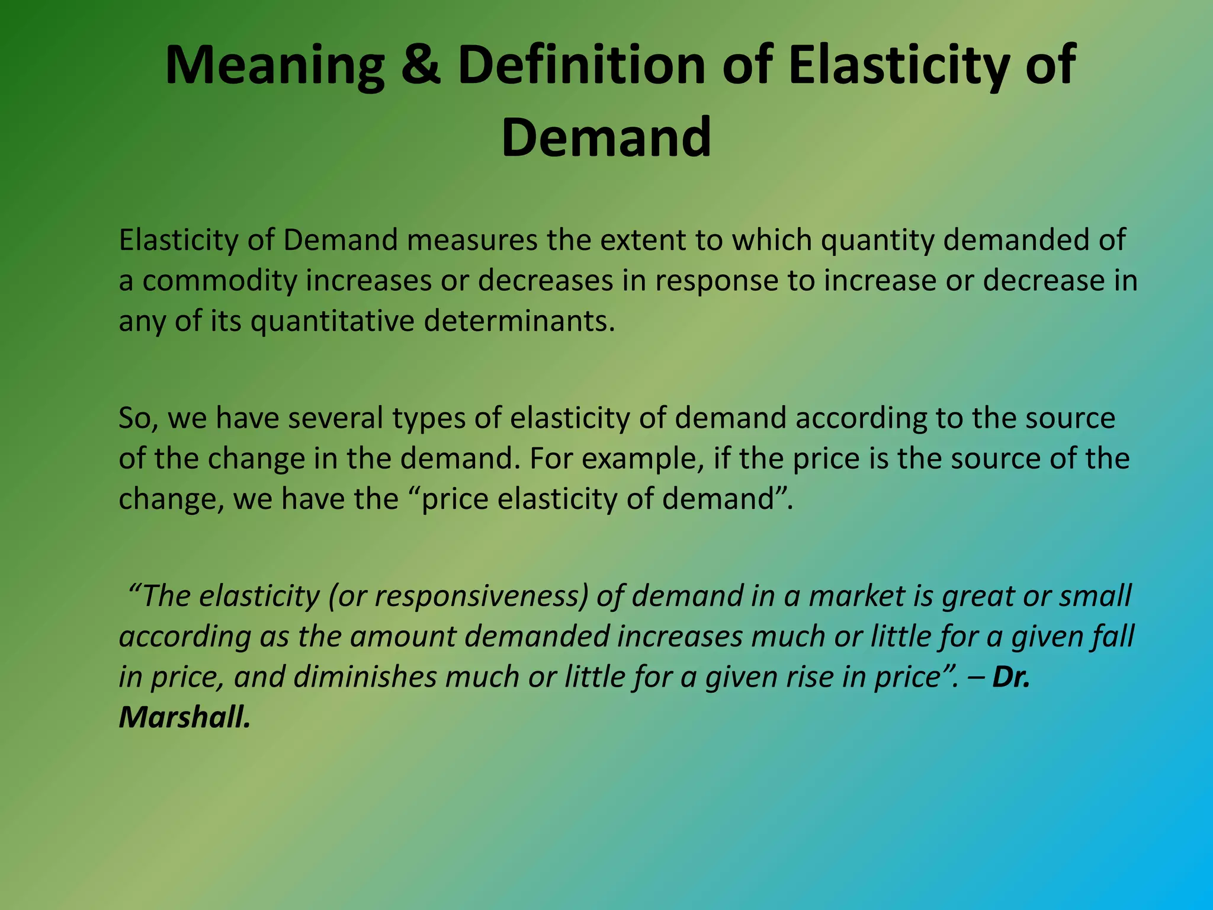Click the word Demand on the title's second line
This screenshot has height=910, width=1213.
tap(606, 137)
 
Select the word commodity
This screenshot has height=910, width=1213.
tap(219, 281)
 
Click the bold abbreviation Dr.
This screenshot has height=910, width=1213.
tap(1011, 677)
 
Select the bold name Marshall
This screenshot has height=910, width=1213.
tap(184, 717)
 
